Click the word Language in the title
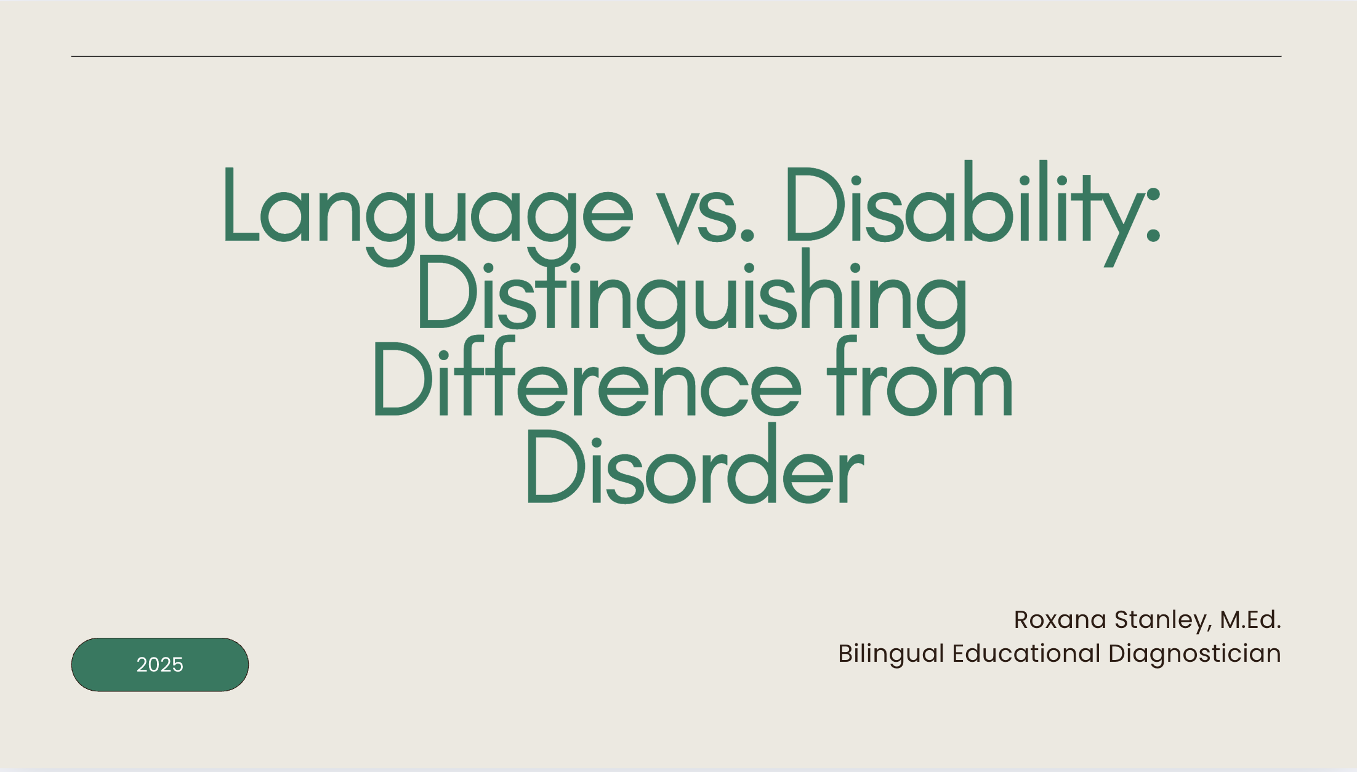[x=429, y=213]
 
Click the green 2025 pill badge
[x=160, y=664]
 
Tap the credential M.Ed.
[x=1250, y=619]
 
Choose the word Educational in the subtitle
[x=1026, y=653]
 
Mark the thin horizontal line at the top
[x=676, y=56]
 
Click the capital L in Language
[x=241, y=203]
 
